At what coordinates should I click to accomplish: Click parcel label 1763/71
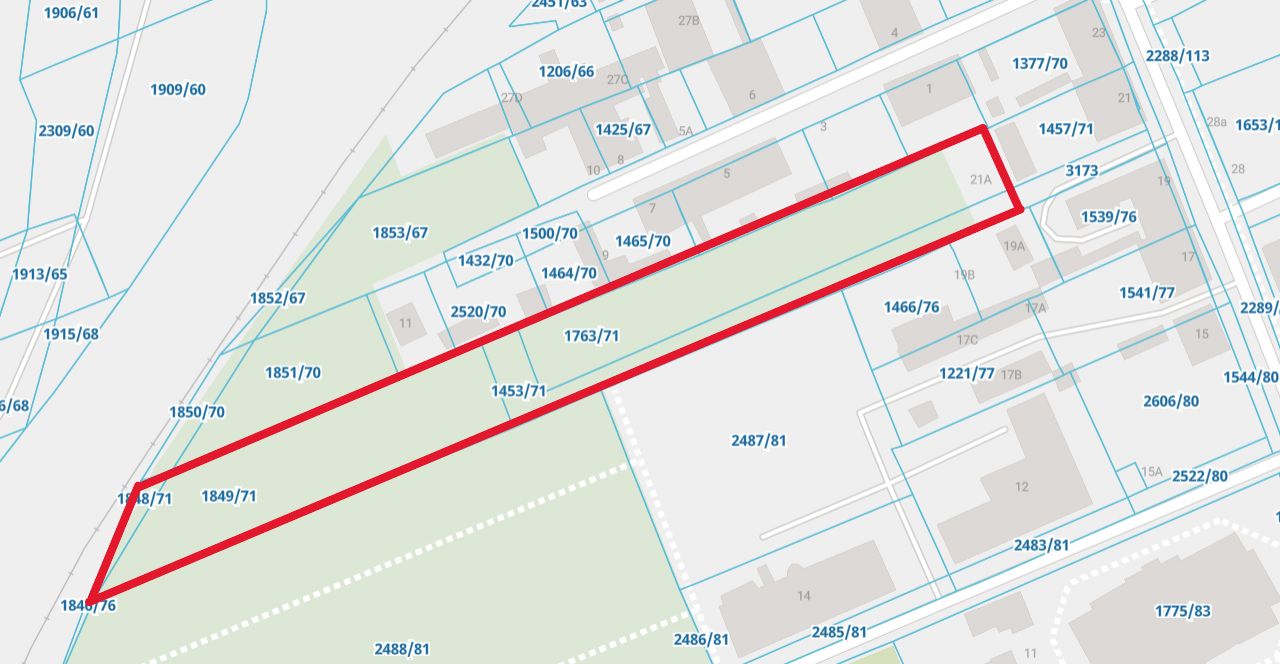pos(591,336)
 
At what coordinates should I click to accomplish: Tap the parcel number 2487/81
pos(759,440)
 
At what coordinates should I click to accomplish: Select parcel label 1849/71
pos(229,496)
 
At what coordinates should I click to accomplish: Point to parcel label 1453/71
pos(518,391)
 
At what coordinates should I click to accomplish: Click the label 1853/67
pos(400,233)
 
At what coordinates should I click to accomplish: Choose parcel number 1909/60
pos(178,90)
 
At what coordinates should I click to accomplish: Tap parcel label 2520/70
pos(478,312)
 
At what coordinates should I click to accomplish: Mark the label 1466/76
pos(912,307)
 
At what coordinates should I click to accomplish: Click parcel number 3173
pos(1081,171)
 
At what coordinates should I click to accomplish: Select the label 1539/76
pos(1109,217)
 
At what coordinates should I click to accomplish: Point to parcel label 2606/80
pos(1171,402)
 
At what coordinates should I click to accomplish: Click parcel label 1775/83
pos(1182,611)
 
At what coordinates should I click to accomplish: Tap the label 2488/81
pos(402,649)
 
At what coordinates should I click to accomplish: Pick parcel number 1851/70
pos(293,373)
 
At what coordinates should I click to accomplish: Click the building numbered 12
pos(1021,487)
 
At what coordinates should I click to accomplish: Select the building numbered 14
pos(804,596)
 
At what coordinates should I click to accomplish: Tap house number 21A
pos(980,180)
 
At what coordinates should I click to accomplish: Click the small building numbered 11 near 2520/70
pos(405,323)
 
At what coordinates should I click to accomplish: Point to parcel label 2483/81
pos(1041,545)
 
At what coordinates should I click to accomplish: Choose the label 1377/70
pos(1040,64)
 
